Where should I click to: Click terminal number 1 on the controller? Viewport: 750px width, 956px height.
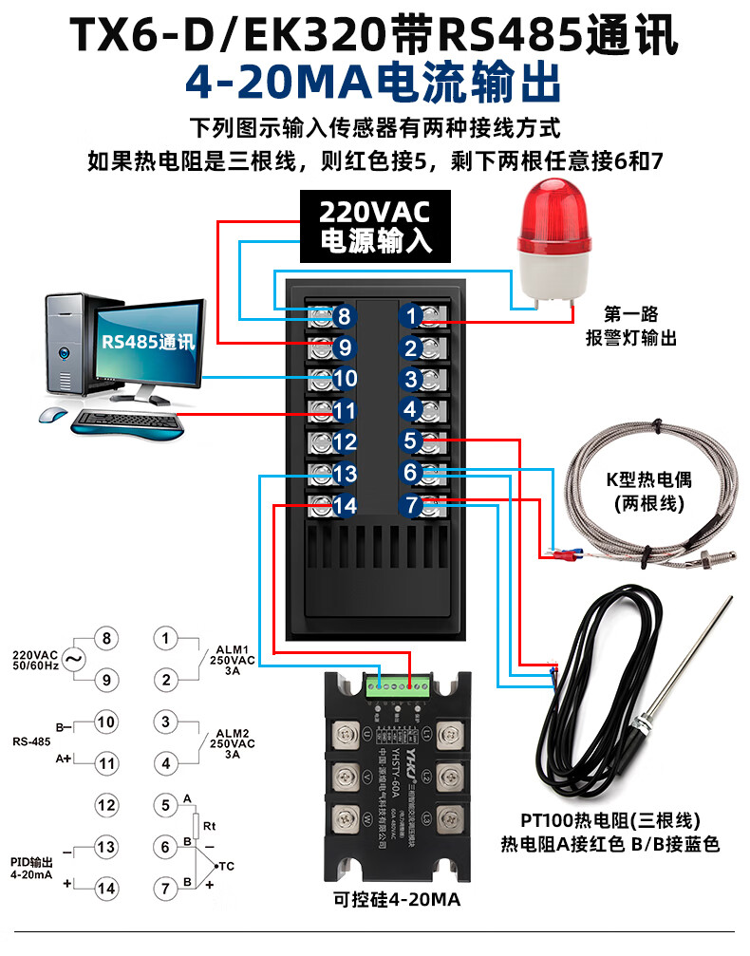[x=411, y=315]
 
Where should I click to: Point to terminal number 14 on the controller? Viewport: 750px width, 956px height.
[x=344, y=506]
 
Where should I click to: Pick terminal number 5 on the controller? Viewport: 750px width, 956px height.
[x=410, y=441]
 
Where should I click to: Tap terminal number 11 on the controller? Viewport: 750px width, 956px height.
[x=344, y=411]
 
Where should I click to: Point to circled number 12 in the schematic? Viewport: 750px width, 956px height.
[x=106, y=804]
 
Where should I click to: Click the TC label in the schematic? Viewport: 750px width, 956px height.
[x=226, y=866]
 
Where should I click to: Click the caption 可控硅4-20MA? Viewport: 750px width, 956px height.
[x=398, y=902]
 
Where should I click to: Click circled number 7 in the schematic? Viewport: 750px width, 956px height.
[x=165, y=888]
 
